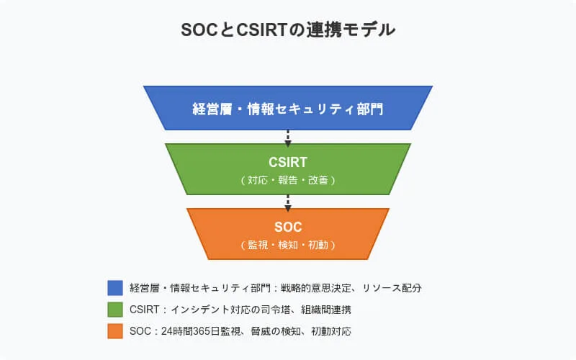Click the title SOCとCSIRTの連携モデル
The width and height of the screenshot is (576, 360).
point(288,30)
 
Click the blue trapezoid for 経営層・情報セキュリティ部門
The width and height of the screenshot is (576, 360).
point(288,108)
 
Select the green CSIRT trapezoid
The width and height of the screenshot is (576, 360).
point(288,169)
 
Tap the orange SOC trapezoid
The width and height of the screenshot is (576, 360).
point(288,234)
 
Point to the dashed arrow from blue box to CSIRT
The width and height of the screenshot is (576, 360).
point(288,138)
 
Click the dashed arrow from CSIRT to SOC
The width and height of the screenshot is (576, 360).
point(288,203)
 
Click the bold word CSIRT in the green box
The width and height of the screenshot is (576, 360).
point(287,163)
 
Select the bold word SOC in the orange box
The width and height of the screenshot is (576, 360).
point(288,227)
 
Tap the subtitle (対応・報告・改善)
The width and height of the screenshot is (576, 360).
point(288,181)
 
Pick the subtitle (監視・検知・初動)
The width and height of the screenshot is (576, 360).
point(288,245)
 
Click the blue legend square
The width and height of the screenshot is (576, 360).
point(115,288)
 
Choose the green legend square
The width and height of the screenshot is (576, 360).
point(115,310)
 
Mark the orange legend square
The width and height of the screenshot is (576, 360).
point(115,331)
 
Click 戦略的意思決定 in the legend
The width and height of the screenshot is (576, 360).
point(316,288)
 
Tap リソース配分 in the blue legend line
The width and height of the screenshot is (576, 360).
point(392,288)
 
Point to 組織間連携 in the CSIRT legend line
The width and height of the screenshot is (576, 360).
point(326,310)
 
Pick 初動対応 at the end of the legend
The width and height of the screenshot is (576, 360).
point(331,331)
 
